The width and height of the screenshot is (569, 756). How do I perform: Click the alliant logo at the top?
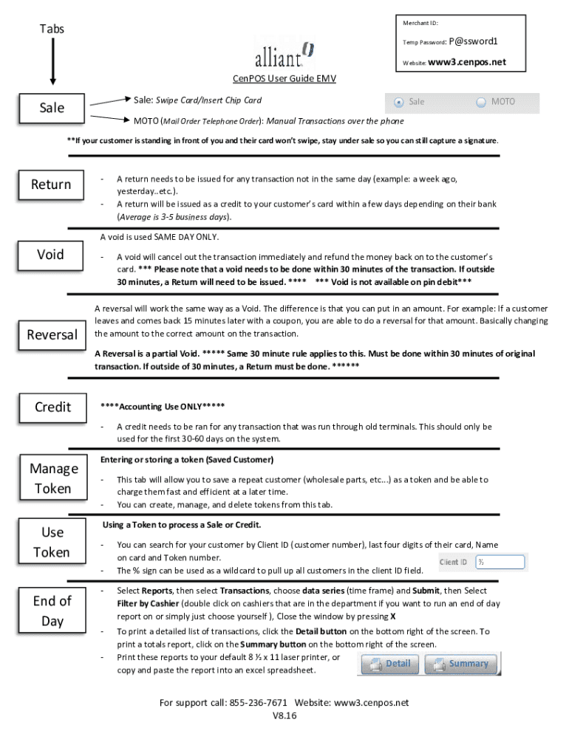point(284,54)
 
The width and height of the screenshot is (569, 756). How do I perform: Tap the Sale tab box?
point(52,108)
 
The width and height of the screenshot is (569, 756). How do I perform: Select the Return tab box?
point(51,185)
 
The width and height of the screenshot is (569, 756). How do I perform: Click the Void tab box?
point(51,255)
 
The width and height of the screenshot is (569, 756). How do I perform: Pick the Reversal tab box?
point(52,335)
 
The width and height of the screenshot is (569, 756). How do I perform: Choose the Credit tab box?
point(53,408)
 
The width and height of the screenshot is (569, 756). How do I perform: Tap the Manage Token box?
point(53,478)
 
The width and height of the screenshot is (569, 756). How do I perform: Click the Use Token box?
point(52,542)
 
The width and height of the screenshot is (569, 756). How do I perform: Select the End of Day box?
point(52,611)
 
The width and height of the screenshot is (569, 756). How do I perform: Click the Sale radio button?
point(399,102)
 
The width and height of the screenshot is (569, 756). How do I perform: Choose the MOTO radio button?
point(482,102)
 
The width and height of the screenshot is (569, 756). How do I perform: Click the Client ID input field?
point(500,563)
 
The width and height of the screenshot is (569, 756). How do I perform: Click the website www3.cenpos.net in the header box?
point(467,62)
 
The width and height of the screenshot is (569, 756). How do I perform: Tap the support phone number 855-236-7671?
point(259,702)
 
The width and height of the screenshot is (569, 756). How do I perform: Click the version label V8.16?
point(284,716)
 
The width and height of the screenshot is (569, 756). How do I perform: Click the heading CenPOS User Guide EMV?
point(284,79)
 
